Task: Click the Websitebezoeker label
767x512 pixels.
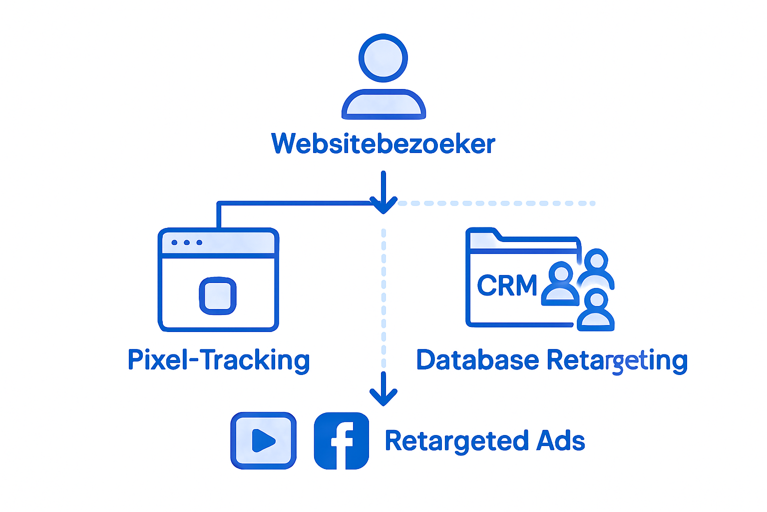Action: coord(383,144)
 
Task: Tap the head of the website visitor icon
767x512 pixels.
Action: coord(383,58)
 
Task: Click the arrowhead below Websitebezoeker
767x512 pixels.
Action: coord(383,205)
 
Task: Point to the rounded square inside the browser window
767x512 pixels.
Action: coord(218,295)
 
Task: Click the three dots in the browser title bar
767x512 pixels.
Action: coord(187,242)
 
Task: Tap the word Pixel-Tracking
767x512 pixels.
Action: coord(219,360)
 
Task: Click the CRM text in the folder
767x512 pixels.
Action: coord(507,286)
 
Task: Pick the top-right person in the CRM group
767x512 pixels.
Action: coord(596,267)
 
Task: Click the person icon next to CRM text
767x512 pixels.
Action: coord(561,283)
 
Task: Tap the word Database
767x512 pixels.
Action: coord(478,360)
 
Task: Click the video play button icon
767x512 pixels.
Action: coord(263,440)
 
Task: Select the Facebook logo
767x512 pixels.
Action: coord(342,440)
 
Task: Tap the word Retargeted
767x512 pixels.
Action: coord(456,441)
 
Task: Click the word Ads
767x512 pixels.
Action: coord(560,441)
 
